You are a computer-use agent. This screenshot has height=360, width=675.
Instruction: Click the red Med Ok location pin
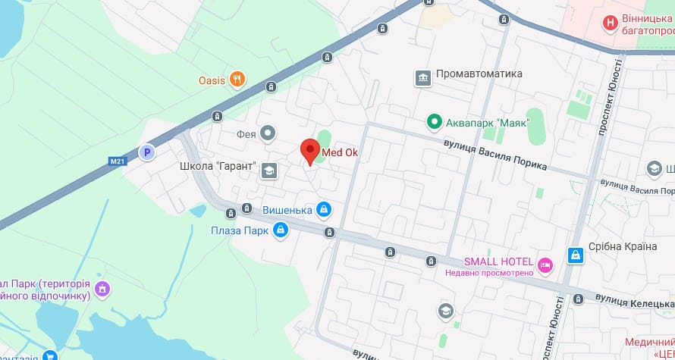pos(309,151)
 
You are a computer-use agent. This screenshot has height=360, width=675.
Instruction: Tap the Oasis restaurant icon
pos(237,79)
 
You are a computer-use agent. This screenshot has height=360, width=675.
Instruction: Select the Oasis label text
pos(212,80)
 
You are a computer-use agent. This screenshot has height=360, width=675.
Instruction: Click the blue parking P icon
pos(148,152)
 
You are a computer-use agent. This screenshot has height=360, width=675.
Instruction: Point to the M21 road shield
pos(117,161)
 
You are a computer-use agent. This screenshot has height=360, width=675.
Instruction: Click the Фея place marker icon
pos(267,134)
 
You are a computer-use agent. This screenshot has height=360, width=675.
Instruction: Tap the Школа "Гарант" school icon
pos(268,171)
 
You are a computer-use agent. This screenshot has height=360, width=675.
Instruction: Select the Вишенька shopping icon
pos(324,208)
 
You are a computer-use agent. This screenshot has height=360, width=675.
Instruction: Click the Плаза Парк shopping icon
pos(280,229)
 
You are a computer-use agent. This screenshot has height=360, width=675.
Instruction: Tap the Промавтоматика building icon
pos(422,77)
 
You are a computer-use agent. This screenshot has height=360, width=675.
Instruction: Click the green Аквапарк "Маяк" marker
pos(434,121)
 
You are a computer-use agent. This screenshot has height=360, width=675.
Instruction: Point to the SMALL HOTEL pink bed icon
pos(545,265)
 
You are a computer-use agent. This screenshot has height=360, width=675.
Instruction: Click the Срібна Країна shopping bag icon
pos(576,255)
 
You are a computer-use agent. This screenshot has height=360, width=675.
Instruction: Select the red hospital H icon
pos(609,23)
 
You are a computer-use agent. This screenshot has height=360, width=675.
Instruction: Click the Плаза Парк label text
pos(240,230)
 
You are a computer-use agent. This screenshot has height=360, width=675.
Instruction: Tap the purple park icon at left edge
pos(102,288)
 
